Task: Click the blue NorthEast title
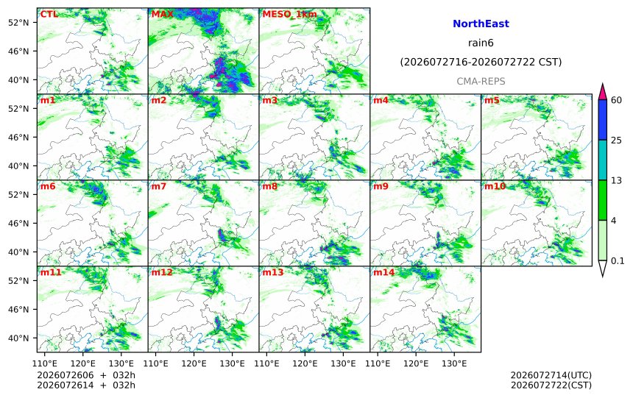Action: (481, 24)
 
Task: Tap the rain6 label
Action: (481, 43)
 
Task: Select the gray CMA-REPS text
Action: (481, 82)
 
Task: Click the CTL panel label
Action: (49, 14)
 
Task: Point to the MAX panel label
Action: (162, 14)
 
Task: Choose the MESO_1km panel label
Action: (289, 15)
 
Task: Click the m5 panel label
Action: (492, 100)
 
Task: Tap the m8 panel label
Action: (269, 186)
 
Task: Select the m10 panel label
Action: (495, 186)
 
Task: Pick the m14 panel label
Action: (384, 272)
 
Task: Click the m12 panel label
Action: (162, 272)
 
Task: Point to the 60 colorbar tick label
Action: (617, 100)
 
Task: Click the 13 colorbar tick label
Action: (617, 180)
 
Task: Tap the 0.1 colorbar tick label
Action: (618, 260)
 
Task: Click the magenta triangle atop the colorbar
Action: (602, 93)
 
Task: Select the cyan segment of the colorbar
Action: (602, 160)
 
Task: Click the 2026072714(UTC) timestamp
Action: (551, 376)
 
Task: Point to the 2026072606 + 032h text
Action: (86, 376)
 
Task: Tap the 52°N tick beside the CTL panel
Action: (18, 22)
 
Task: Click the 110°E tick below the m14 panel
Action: (378, 363)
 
